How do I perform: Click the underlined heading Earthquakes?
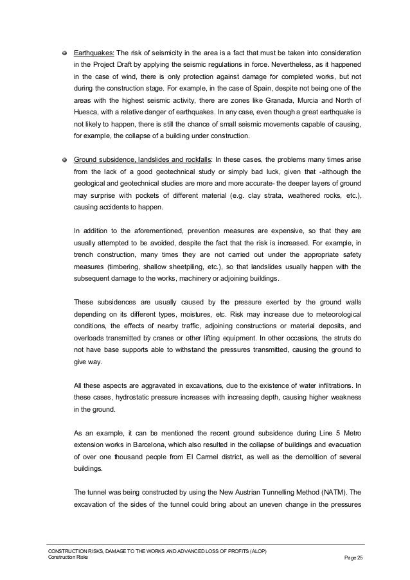pyautogui.click(x=94, y=53)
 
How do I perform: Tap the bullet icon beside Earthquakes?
pyautogui.click(x=64, y=53)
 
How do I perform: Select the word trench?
pyautogui.click(x=85, y=255)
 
